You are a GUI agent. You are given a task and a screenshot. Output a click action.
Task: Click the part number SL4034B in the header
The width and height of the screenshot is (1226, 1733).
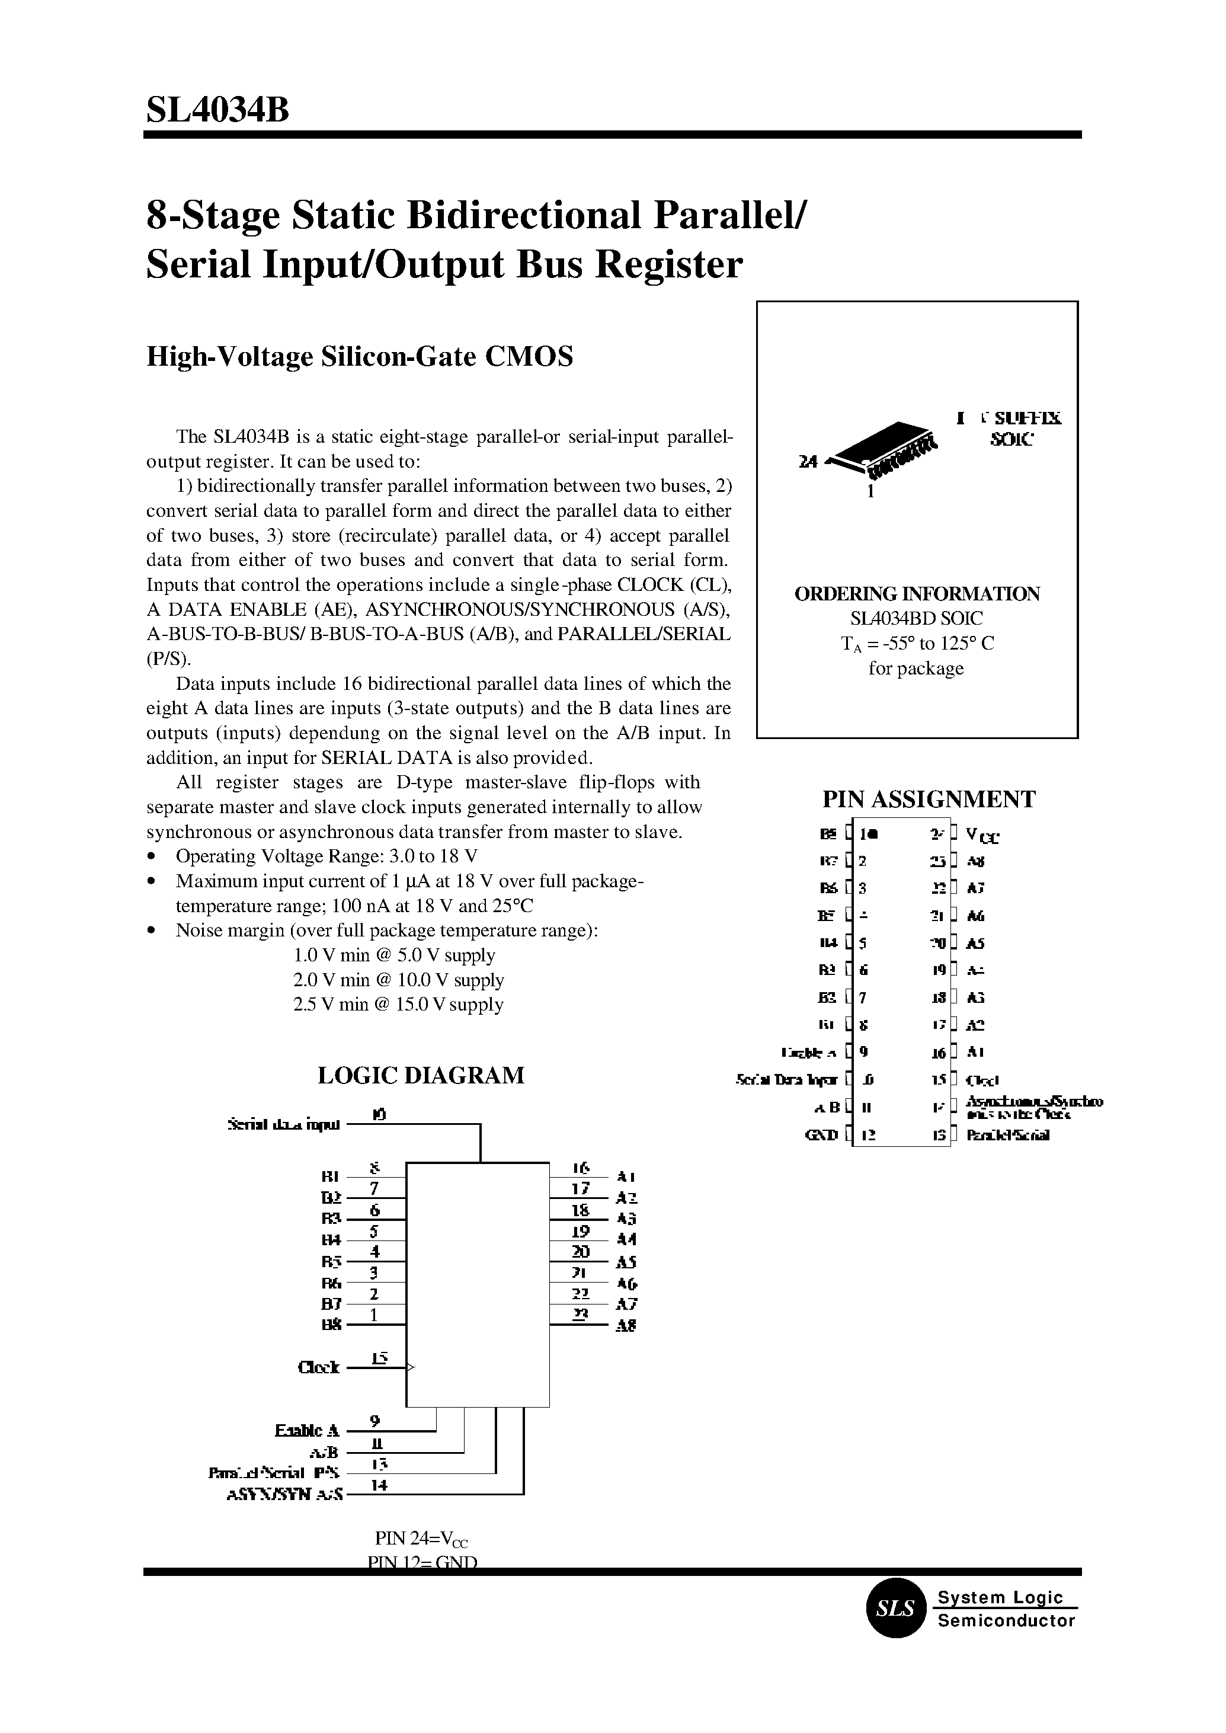[x=217, y=111]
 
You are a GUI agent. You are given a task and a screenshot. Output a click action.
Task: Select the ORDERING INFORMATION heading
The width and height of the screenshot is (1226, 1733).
[x=917, y=593]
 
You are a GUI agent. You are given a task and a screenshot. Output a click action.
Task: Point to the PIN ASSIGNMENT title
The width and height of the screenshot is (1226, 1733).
[x=928, y=799]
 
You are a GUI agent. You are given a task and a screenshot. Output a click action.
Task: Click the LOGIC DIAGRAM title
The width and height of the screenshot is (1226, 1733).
[x=421, y=1075]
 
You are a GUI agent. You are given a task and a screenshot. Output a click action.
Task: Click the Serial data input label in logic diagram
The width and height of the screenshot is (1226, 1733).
[x=284, y=1124]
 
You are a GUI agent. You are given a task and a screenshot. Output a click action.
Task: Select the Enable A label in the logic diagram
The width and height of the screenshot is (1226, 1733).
[x=308, y=1431]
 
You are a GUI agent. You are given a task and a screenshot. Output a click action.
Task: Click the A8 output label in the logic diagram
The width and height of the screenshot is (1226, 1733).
[x=626, y=1325]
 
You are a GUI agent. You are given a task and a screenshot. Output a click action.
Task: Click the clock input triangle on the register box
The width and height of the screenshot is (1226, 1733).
[x=411, y=1367]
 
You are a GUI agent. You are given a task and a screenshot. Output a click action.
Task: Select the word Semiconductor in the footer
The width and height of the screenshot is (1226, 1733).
[x=1006, y=1620]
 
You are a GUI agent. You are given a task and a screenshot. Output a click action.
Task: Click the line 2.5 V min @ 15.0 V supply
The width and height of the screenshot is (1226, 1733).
[x=398, y=1005]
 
